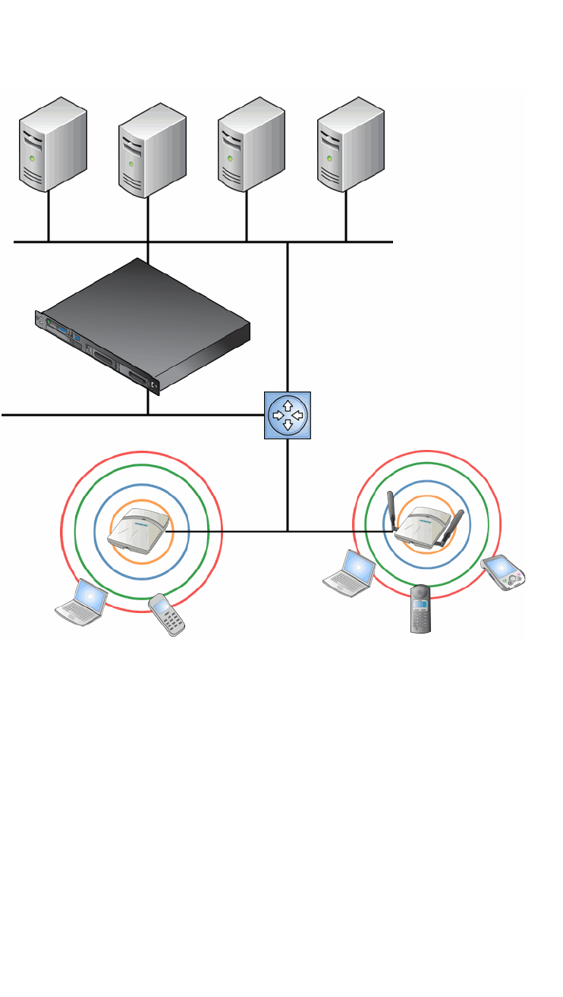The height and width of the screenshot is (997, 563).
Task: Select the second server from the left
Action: point(153,151)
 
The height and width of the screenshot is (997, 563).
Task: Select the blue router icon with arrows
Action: point(288,415)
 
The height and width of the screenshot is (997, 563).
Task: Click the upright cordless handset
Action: point(421,609)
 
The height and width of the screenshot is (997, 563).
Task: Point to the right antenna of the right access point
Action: point(454,524)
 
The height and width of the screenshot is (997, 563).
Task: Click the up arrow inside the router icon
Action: point(288,406)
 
